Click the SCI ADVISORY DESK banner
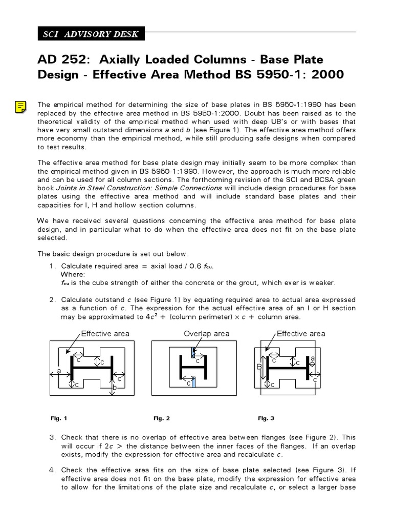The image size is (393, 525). pos(91,34)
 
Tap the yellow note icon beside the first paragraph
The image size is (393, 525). pos(20,107)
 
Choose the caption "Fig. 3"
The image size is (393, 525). pos(266,418)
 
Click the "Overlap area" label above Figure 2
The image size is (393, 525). pos(207,334)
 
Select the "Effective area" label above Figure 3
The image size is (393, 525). pos(301,334)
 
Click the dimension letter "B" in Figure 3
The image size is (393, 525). pos(259,367)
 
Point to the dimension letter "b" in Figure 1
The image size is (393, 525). pos(115,389)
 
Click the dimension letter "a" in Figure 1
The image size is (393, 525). pos(59,370)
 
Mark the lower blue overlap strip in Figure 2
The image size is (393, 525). pos(194,382)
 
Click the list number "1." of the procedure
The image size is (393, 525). pos(53,266)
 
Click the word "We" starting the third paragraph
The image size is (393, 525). pos(43,221)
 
